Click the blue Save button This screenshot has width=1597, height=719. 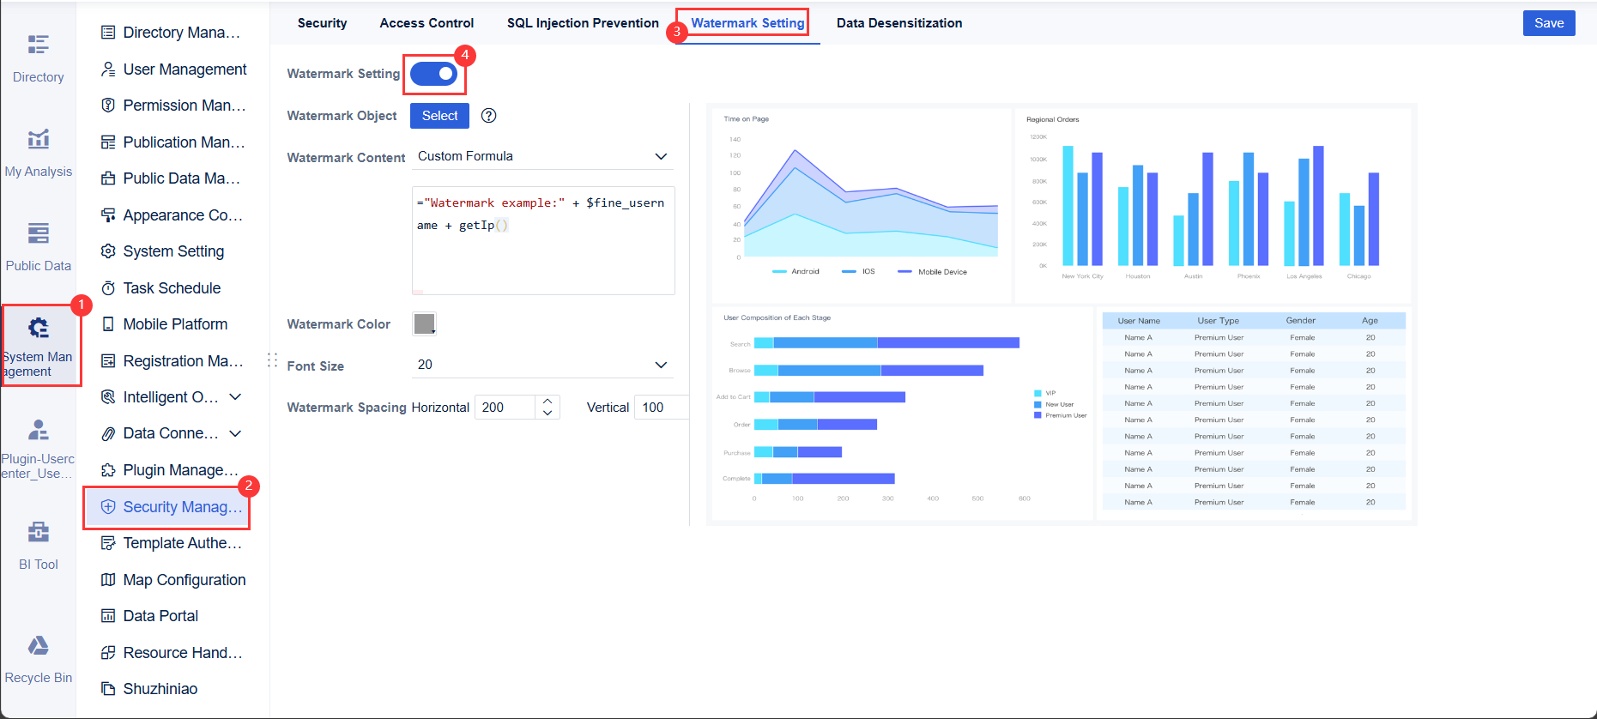click(x=1548, y=23)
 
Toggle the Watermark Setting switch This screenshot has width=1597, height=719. click(x=434, y=74)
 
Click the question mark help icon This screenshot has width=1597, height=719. click(x=489, y=116)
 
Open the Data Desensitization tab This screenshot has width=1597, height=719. click(x=898, y=23)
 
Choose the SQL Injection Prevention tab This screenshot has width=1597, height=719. click(x=583, y=23)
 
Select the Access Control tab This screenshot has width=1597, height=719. click(x=426, y=23)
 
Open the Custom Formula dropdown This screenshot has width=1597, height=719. click(x=542, y=156)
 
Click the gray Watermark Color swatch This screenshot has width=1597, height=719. click(x=424, y=323)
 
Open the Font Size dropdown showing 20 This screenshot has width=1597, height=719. click(x=542, y=365)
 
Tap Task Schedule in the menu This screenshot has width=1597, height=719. click(x=172, y=288)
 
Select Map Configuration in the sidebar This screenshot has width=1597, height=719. click(x=184, y=580)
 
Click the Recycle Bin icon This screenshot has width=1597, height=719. click(x=39, y=646)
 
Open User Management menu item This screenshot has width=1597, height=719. click(x=185, y=69)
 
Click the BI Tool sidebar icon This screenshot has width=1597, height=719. click(x=39, y=533)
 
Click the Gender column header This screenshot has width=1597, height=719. click(x=1300, y=321)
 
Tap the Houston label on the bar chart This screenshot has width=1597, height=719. click(x=1137, y=276)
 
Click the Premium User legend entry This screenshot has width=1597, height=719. click(x=1065, y=415)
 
